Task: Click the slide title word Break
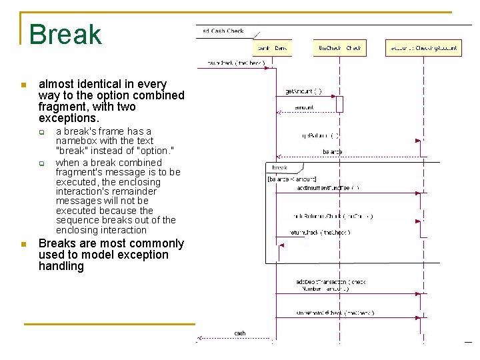click(65, 35)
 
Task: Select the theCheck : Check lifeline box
click(339, 48)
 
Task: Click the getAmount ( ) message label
click(303, 91)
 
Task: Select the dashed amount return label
click(304, 107)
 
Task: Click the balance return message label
click(332, 152)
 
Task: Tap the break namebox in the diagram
click(279, 167)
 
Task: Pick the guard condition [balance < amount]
click(292, 179)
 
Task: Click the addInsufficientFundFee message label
click(327, 188)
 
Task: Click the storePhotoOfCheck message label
click(335, 313)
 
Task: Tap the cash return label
click(240, 333)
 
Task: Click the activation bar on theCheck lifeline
click(339, 104)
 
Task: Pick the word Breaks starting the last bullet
click(57, 243)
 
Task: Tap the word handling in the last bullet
click(61, 266)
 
